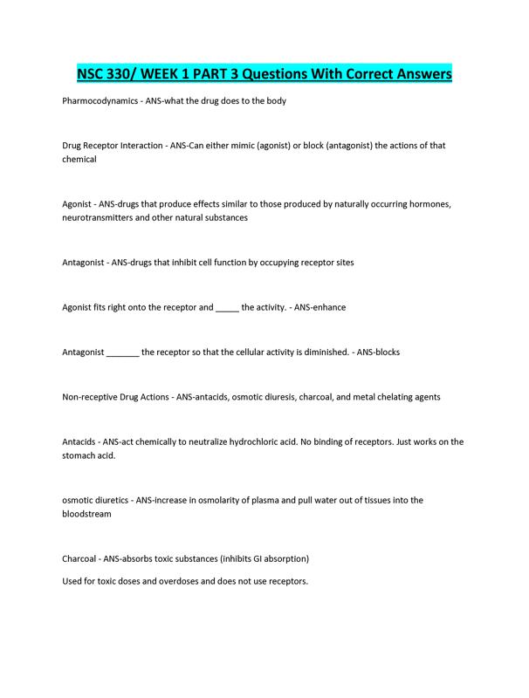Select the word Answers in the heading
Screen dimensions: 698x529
point(416,73)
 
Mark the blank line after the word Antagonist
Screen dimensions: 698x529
point(122,352)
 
